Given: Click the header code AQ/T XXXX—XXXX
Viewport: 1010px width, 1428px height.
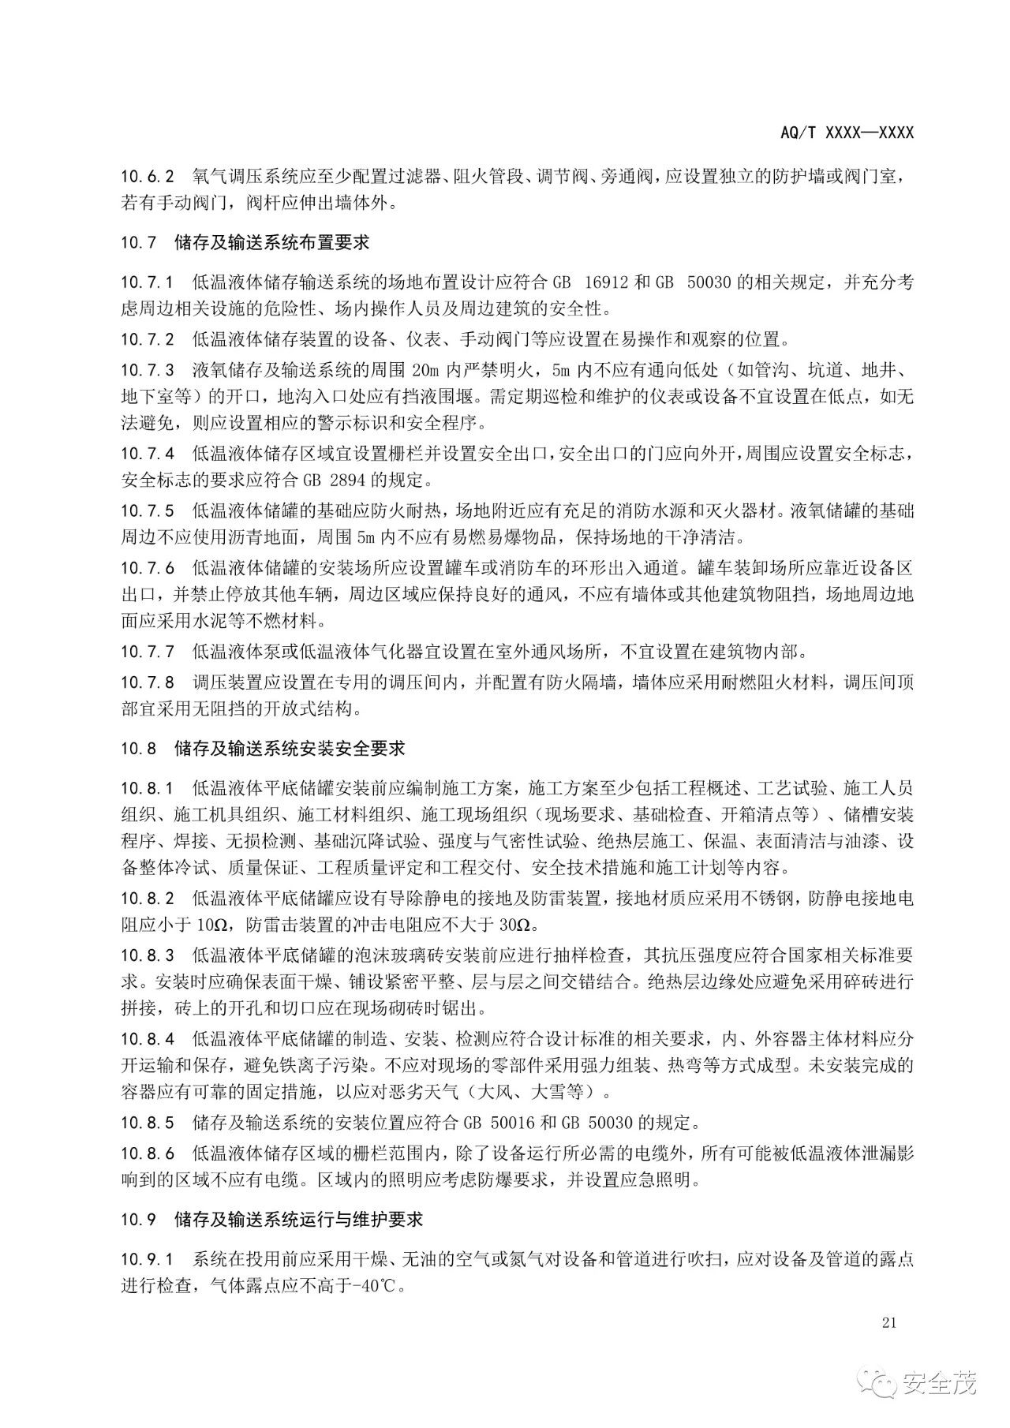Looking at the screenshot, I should click(847, 133).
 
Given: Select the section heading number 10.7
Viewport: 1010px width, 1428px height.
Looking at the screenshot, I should click(139, 243).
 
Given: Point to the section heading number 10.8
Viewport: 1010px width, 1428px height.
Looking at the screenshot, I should click(139, 747).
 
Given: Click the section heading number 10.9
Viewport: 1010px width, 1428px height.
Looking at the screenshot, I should click(139, 1219).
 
